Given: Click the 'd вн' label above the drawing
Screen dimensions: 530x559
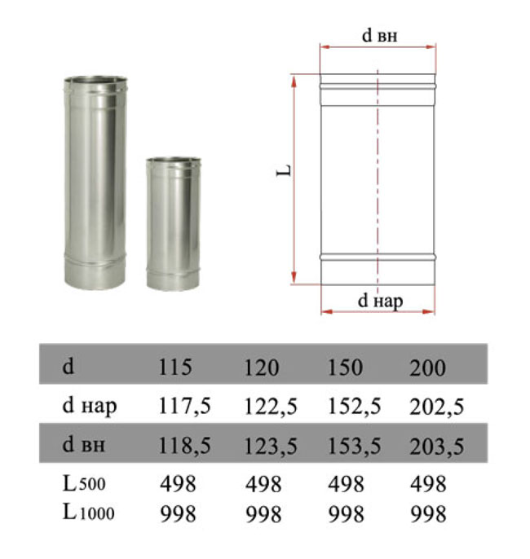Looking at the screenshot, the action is coord(379,36).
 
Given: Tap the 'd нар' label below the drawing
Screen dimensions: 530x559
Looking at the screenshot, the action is coord(380,302).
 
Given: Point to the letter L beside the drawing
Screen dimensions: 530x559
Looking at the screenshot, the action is coord(284,171).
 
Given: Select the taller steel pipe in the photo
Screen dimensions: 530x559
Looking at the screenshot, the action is coord(95,183).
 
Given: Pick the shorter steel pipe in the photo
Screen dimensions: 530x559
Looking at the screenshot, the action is coord(174,224).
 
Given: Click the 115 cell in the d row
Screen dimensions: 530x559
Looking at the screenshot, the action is coord(174,367).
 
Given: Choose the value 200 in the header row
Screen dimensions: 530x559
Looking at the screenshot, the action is coord(427,368).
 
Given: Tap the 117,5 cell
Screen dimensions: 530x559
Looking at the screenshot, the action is coord(184,406).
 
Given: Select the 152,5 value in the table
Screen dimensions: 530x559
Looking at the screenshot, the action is coord(354,407).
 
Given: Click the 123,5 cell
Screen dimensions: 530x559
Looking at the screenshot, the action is coord(271,446).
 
